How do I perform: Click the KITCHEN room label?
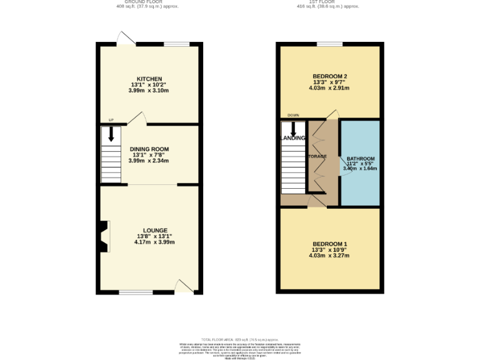(x=150, y=79)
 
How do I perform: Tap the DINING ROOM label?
(x=150, y=149)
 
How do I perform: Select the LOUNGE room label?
(x=154, y=231)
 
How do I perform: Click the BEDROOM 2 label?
(x=329, y=77)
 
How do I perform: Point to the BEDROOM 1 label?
(x=329, y=244)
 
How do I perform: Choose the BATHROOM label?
(x=361, y=159)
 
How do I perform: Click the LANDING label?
(x=293, y=138)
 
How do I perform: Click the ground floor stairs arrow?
(x=111, y=134)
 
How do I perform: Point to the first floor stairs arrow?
(x=292, y=127)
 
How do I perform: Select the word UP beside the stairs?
(x=111, y=120)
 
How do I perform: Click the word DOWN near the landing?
(x=292, y=116)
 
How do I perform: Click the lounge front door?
(x=184, y=287)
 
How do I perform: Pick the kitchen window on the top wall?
(x=177, y=44)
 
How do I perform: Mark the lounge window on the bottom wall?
(x=132, y=292)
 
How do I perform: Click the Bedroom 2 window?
(x=329, y=44)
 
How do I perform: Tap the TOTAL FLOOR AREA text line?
(x=240, y=338)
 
